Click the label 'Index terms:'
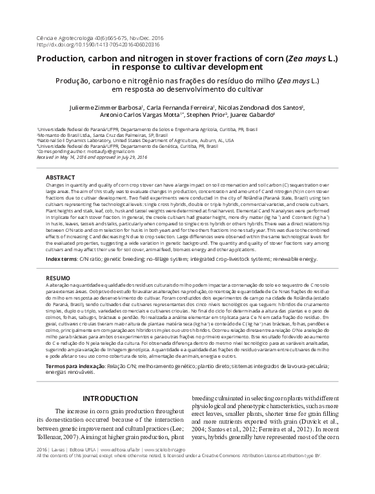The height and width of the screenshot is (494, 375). pyautogui.click(x=62, y=258)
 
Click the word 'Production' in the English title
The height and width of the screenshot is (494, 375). pyautogui.click(x=61, y=57)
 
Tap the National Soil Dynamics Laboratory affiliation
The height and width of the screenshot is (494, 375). pyautogui.click(x=129, y=139)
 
